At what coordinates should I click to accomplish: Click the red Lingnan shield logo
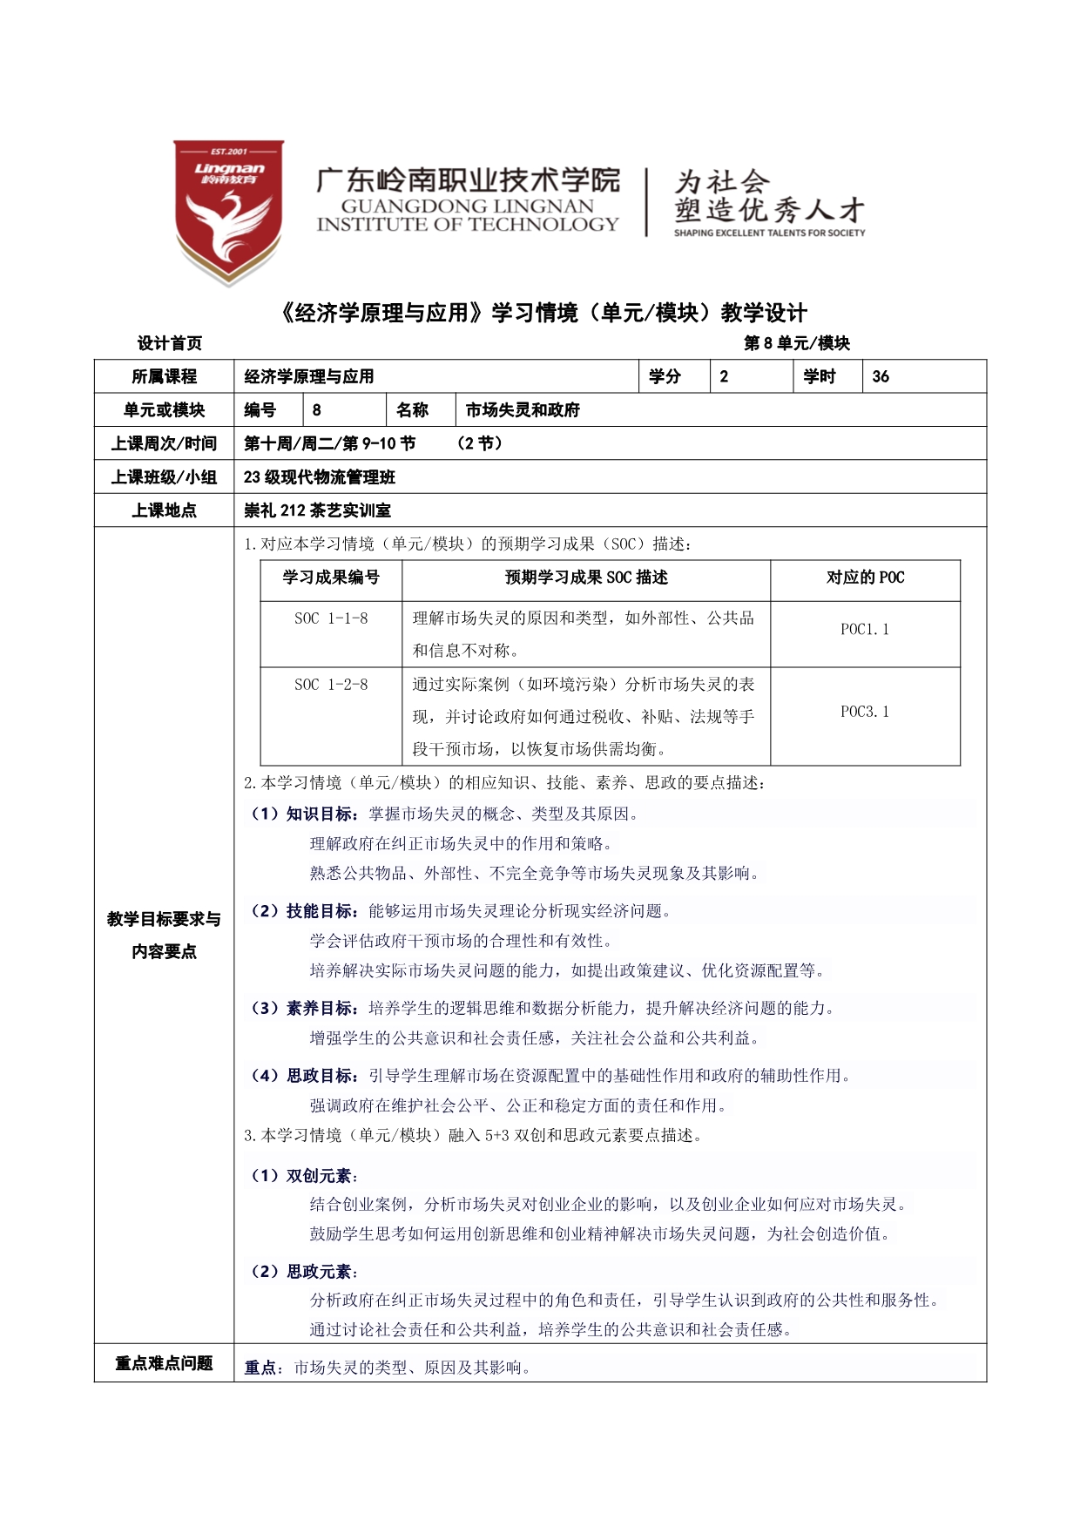point(228,212)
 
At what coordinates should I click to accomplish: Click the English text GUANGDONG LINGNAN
point(467,206)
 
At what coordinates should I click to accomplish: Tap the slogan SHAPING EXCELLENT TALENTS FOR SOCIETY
point(769,233)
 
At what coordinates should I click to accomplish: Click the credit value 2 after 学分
point(724,376)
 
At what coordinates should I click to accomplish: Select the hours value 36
point(881,376)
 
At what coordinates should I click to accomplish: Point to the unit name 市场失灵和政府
point(523,410)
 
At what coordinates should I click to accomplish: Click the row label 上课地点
point(164,510)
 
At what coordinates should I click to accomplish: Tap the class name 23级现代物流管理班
point(320,477)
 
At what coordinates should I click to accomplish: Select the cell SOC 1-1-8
point(331,618)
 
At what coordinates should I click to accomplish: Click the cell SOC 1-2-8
point(331,685)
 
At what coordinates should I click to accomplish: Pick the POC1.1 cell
point(865,630)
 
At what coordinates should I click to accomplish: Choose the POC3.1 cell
point(865,712)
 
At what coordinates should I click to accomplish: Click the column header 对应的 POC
point(865,578)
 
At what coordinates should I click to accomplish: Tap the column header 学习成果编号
point(331,578)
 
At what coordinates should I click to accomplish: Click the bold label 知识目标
point(320,814)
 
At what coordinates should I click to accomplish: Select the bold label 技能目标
point(320,911)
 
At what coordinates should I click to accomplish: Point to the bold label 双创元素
point(319,1176)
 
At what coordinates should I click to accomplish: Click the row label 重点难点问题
point(164,1363)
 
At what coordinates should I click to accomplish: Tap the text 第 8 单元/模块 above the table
point(796,343)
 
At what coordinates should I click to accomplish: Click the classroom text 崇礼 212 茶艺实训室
point(317,510)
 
